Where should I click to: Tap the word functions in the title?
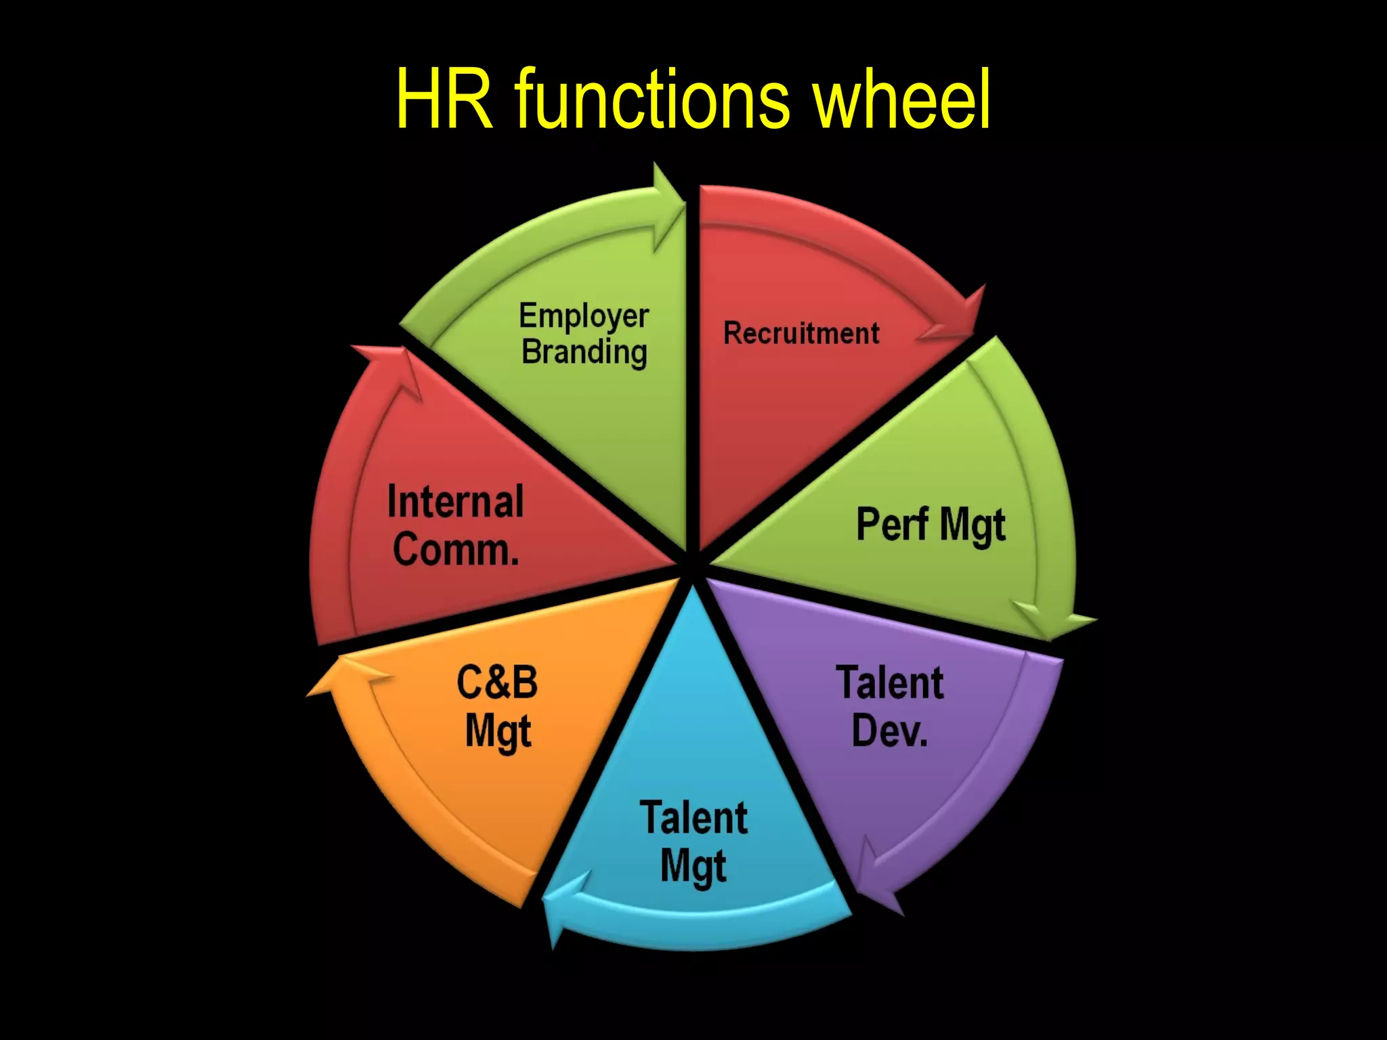[x=652, y=100]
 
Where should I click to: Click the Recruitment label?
[x=801, y=334]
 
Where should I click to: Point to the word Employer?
[x=584, y=317]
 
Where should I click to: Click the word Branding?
[x=584, y=353]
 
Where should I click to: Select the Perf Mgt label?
[x=931, y=525]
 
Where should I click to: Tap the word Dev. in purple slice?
[x=889, y=731]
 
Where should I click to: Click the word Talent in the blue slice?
[x=693, y=818]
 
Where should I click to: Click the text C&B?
[x=497, y=682]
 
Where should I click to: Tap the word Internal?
[x=455, y=502]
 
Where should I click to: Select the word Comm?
[x=456, y=549]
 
